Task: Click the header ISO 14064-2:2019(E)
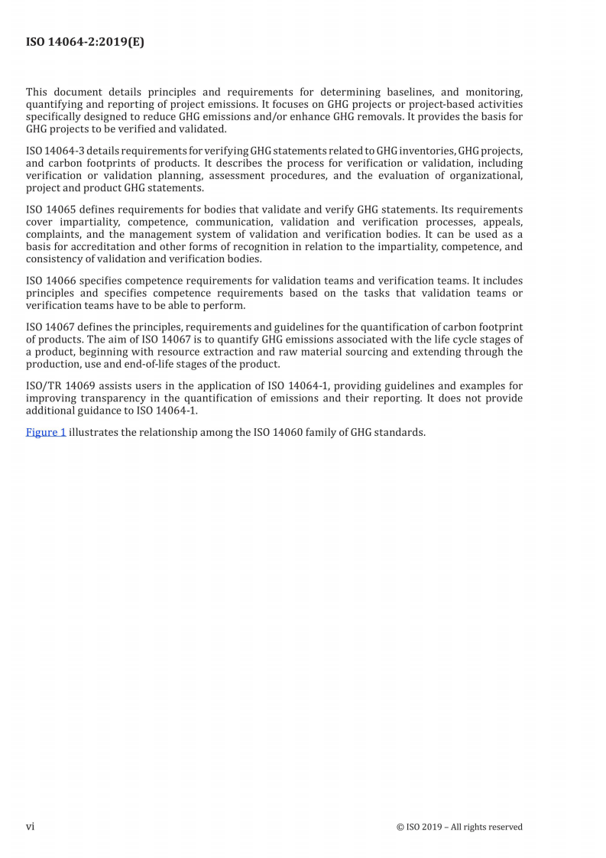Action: pyautogui.click(x=85, y=42)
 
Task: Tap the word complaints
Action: pyautogui.click(x=54, y=234)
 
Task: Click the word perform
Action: pyautogui.click(x=225, y=305)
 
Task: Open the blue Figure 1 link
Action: pyautogui.click(x=46, y=432)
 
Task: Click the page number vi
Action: pyautogui.click(x=31, y=827)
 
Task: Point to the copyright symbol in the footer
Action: pyautogui.click(x=400, y=827)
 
